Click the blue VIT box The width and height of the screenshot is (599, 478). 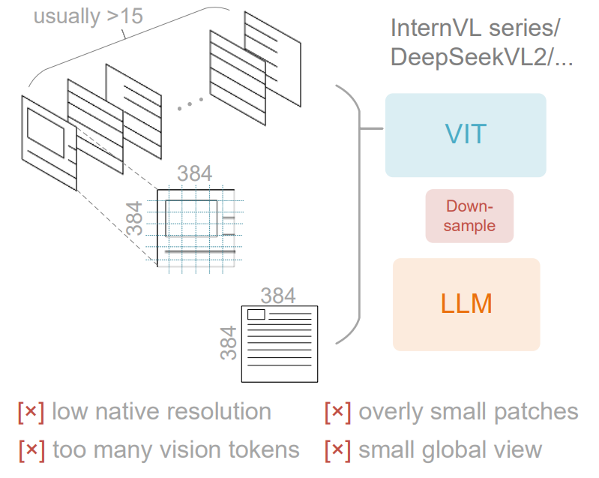coord(465,135)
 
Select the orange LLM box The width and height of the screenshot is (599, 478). coord(466,304)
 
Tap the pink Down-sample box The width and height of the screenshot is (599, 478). coord(469,215)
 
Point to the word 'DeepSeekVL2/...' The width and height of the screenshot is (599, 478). coord(481,59)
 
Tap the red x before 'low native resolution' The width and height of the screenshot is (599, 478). coord(31,412)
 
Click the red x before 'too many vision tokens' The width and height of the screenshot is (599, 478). coord(31,449)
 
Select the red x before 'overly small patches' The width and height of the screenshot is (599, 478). coord(338,412)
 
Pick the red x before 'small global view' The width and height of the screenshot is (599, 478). coord(338,449)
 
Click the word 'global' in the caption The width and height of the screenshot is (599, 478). coord(461,449)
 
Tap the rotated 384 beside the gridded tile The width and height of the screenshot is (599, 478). coord(136,218)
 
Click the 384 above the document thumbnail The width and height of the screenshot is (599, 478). coord(277,295)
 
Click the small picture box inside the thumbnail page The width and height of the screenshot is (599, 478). coord(256,314)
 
